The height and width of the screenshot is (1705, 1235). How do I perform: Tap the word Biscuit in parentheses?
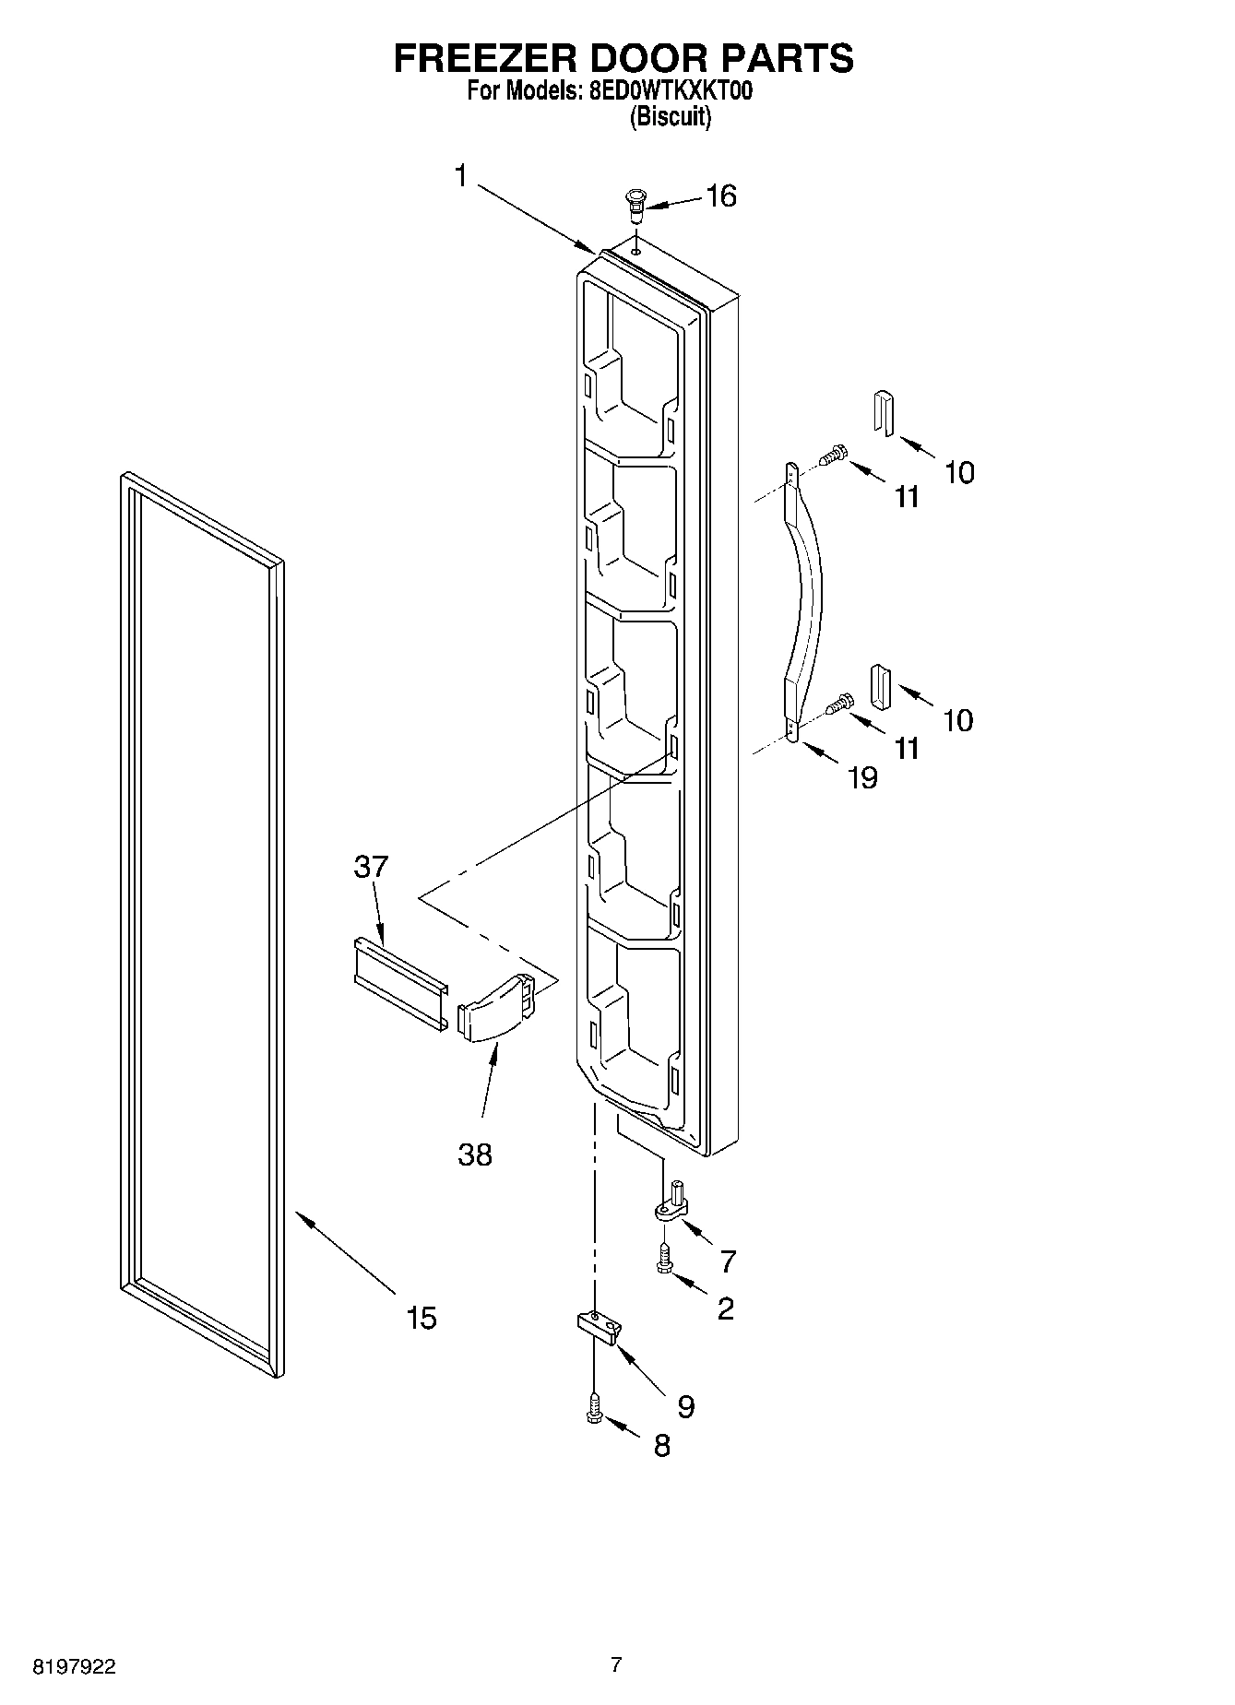coord(670,117)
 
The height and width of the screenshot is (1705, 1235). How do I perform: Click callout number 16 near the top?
coord(720,195)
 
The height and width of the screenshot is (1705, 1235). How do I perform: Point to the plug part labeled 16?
coord(635,205)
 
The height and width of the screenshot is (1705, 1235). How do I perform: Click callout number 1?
coord(462,175)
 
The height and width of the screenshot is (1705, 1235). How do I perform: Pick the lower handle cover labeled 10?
coord(880,687)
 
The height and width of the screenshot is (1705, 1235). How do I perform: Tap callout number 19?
coord(862,777)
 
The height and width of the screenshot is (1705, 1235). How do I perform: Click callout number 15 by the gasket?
coord(422,1318)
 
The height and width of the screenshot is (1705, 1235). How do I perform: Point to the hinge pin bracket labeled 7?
coord(672,1206)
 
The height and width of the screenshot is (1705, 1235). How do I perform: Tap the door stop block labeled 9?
coord(599,1326)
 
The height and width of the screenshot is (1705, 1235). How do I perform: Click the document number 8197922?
coord(75,1667)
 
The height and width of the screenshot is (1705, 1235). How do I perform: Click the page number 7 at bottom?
coord(616,1664)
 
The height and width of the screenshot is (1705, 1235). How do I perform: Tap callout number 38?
coord(475,1154)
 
